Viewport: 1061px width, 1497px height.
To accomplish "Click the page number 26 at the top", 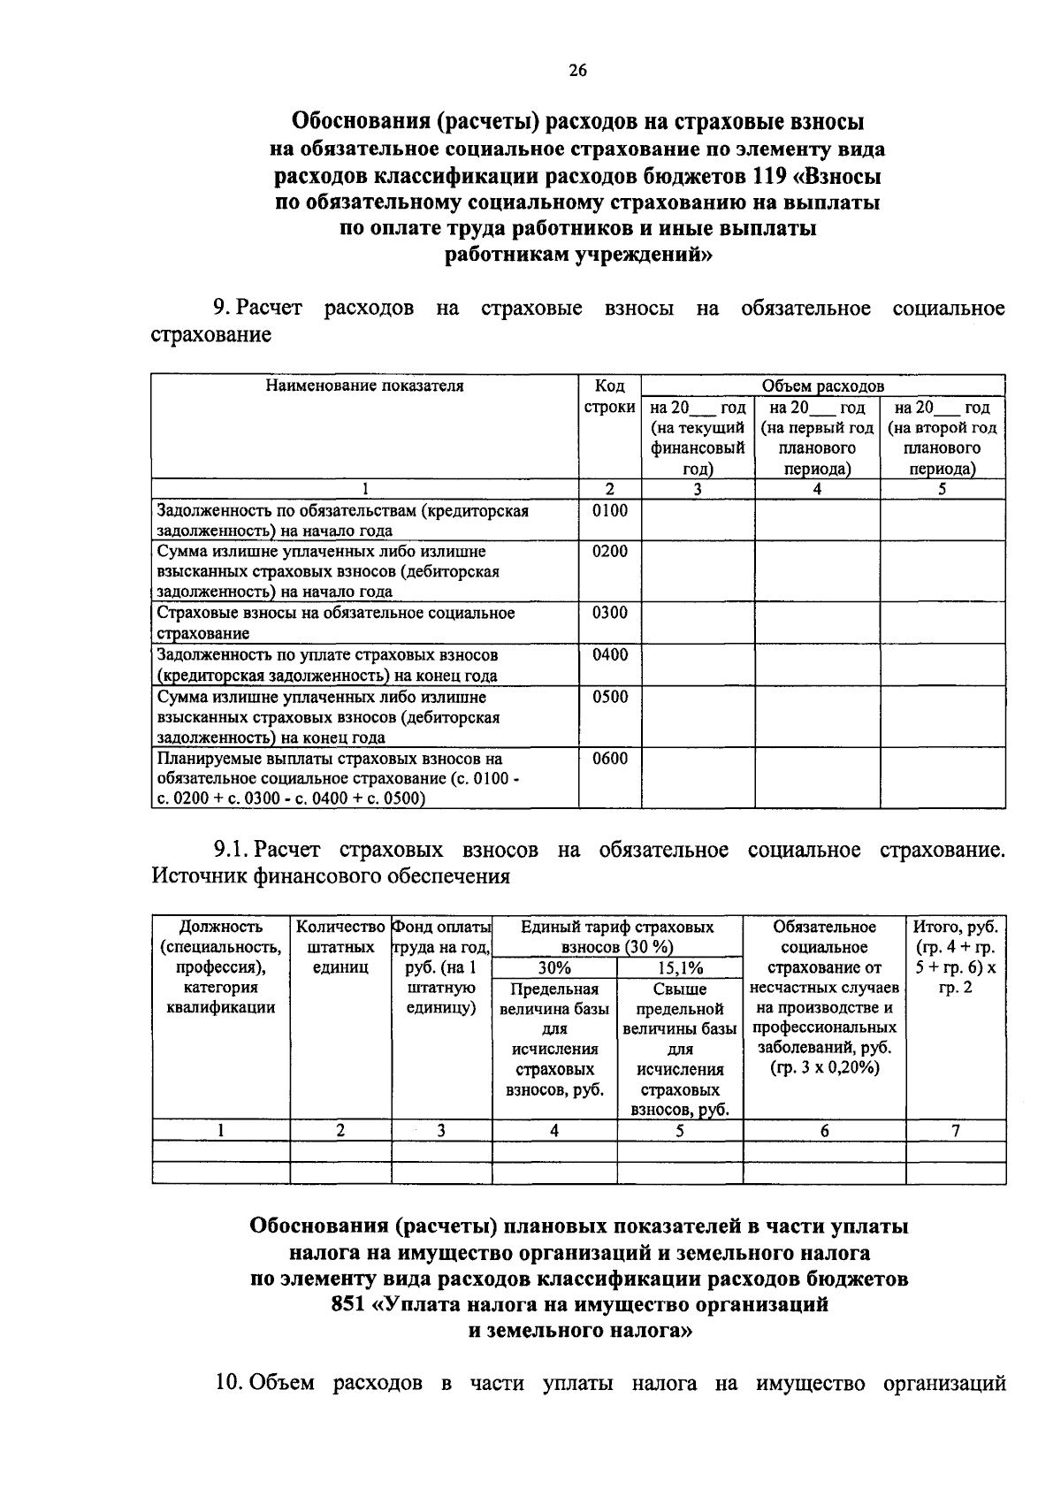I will click(x=577, y=72).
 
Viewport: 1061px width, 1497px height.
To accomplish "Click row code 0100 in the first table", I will click(x=609, y=510).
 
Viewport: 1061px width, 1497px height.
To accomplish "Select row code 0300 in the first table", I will click(x=609, y=613).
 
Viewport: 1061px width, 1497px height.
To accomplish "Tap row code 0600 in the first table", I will click(x=609, y=759).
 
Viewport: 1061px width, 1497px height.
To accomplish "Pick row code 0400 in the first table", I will click(x=609, y=655).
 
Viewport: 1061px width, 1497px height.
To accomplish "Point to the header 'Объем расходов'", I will click(x=822, y=386).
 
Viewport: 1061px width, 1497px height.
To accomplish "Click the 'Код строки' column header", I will click(x=609, y=397).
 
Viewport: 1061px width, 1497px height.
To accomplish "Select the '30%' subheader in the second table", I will click(x=553, y=968).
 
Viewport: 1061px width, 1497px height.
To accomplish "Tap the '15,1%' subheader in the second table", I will click(x=679, y=968).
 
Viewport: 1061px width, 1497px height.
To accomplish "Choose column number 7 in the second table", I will click(x=955, y=1131).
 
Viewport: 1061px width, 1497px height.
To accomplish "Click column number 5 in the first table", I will click(x=942, y=489).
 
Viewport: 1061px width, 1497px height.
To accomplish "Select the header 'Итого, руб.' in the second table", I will click(x=955, y=927).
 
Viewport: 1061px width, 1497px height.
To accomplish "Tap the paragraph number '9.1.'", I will click(x=230, y=851).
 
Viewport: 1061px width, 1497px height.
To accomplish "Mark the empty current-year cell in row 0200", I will click(x=698, y=571).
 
